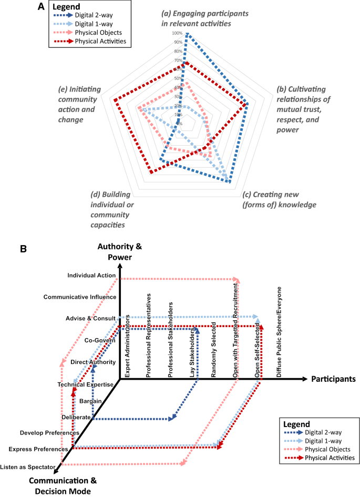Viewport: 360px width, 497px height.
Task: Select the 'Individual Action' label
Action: (92, 275)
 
